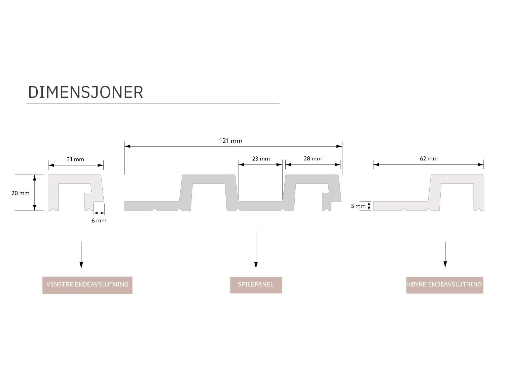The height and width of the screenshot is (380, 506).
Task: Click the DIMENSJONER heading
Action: pyautogui.click(x=85, y=92)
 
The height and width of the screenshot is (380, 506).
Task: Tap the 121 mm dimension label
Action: pyautogui.click(x=230, y=141)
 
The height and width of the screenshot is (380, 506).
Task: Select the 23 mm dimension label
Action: pyautogui.click(x=261, y=159)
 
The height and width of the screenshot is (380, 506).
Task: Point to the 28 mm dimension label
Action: pyautogui.click(x=313, y=159)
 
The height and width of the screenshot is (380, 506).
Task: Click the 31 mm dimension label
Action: pyautogui.click(x=75, y=159)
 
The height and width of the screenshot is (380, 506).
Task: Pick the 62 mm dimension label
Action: pyautogui.click(x=429, y=159)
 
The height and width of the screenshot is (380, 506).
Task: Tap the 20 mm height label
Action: pyautogui.click(x=21, y=193)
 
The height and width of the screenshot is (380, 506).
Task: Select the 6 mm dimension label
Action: pyautogui.click(x=99, y=221)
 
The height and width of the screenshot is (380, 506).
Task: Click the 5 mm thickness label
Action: pyautogui.click(x=358, y=206)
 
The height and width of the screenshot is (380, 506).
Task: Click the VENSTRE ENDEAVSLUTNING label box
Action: pyautogui.click(x=87, y=285)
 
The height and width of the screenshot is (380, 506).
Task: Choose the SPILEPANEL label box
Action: pyautogui.click(x=256, y=285)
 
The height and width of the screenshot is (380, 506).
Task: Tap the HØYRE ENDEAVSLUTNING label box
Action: pyautogui.click(x=444, y=285)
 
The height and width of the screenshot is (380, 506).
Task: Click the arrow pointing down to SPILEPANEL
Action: pyautogui.click(x=256, y=249)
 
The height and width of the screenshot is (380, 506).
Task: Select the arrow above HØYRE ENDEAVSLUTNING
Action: pyautogui.click(x=445, y=254)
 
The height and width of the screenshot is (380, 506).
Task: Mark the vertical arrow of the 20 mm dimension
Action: pyautogui.click(x=35, y=193)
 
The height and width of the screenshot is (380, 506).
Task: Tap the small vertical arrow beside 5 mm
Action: pyautogui.click(x=369, y=206)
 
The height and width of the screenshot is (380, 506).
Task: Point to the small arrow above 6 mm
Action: pyautogui.click(x=99, y=213)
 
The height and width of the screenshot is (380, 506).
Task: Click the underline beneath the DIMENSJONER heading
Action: pyautogui.click(x=153, y=104)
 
